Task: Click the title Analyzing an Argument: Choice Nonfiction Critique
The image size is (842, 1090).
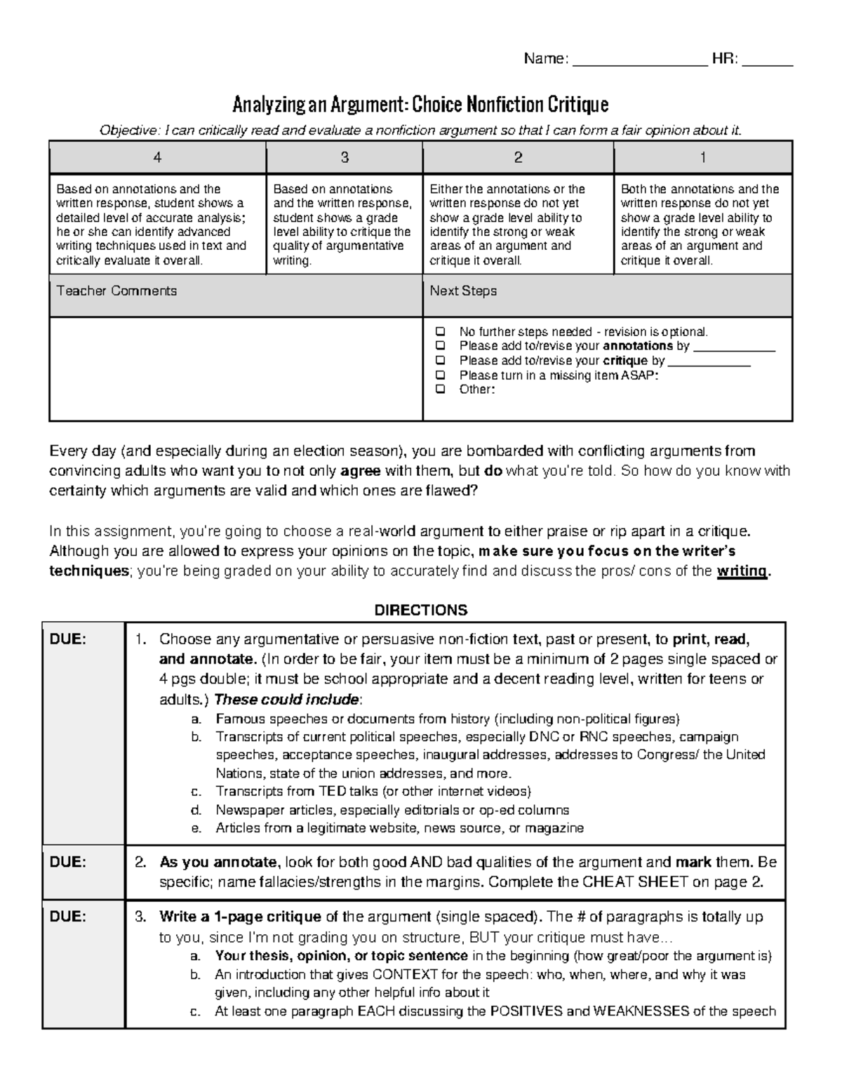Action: pos(420,105)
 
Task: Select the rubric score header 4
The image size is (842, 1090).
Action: pos(157,158)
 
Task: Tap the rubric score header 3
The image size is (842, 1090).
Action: pos(345,158)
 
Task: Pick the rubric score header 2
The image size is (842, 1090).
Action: pos(518,158)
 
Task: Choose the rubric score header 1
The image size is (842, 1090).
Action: pos(703,158)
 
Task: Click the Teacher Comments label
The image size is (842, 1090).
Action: pos(116,291)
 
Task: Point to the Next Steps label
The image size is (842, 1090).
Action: pos(463,291)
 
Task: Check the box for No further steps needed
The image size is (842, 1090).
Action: pos(440,331)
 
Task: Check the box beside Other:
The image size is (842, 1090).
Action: pos(440,390)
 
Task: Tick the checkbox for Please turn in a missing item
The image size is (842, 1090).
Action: pos(440,375)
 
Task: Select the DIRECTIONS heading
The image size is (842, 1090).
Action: pos(420,610)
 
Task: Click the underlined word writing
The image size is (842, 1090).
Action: pos(742,571)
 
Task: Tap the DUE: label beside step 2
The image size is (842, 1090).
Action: pos(67,863)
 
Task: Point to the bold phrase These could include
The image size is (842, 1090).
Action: pos(286,699)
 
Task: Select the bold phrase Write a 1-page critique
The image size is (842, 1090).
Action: pos(240,917)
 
